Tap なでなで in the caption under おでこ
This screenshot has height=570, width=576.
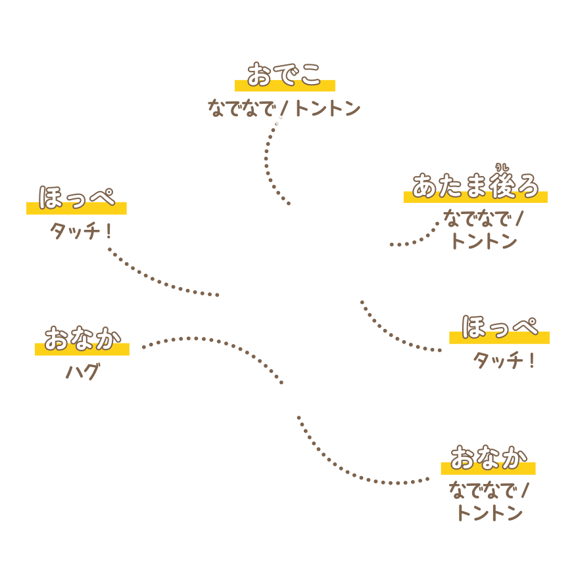click(240, 108)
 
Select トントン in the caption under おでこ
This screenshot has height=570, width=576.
click(327, 108)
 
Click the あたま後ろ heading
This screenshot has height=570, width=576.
click(475, 186)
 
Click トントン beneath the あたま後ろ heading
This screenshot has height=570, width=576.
click(485, 241)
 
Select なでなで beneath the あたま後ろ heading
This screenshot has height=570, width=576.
click(477, 218)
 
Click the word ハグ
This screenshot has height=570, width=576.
click(82, 373)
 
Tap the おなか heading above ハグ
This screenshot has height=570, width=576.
click(82, 338)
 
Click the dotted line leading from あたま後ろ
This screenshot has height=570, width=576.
click(421, 238)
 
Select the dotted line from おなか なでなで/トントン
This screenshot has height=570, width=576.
click(355, 474)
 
